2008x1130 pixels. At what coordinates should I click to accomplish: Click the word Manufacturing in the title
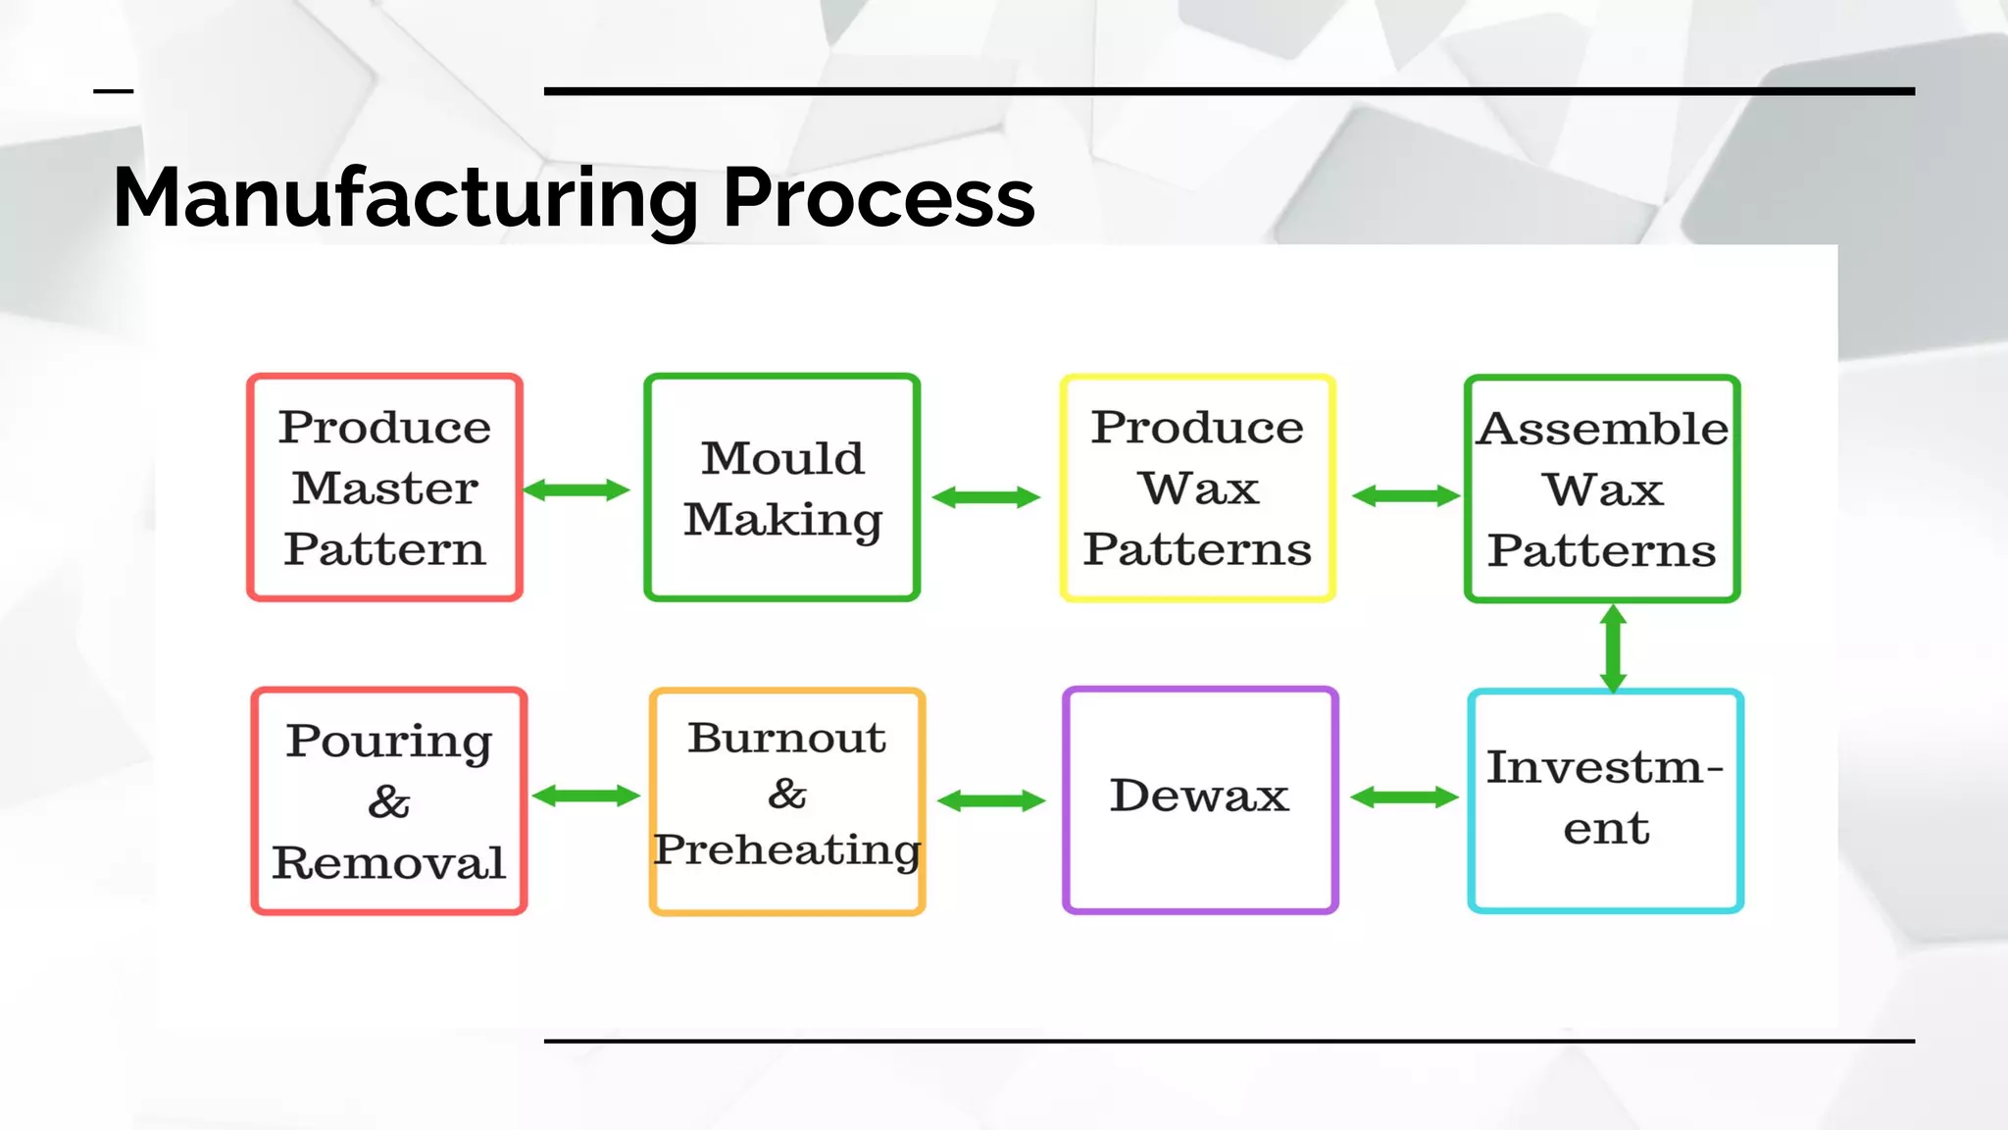(x=404, y=198)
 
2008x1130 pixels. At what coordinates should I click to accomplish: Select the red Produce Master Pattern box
(x=384, y=488)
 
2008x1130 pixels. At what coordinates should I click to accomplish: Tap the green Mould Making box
(x=781, y=488)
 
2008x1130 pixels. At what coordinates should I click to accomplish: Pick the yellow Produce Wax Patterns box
(x=1197, y=488)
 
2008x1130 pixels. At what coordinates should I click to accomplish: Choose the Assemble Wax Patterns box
(x=1602, y=488)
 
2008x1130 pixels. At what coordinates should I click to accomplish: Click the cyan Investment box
(x=1605, y=800)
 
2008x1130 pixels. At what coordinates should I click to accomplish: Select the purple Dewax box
(x=1200, y=799)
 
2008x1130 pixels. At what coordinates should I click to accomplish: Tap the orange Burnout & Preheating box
(x=787, y=800)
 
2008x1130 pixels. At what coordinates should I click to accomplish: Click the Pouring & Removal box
(x=389, y=800)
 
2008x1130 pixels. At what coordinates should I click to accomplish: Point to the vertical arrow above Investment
(x=1613, y=648)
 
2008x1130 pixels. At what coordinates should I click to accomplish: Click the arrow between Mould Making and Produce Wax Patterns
(x=985, y=497)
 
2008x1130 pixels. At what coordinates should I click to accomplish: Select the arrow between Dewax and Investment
(x=1404, y=797)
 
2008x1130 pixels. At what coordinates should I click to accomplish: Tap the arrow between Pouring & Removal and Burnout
(x=585, y=796)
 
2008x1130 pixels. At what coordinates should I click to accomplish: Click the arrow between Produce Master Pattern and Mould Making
(x=577, y=489)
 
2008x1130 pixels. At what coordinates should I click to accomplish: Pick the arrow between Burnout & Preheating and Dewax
(x=991, y=801)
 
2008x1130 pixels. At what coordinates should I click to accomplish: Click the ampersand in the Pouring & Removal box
(x=389, y=802)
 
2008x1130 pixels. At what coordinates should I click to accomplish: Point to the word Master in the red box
(x=384, y=488)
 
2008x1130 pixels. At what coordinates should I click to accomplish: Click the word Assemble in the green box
(x=1602, y=429)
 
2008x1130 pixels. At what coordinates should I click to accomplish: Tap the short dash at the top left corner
(x=113, y=91)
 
